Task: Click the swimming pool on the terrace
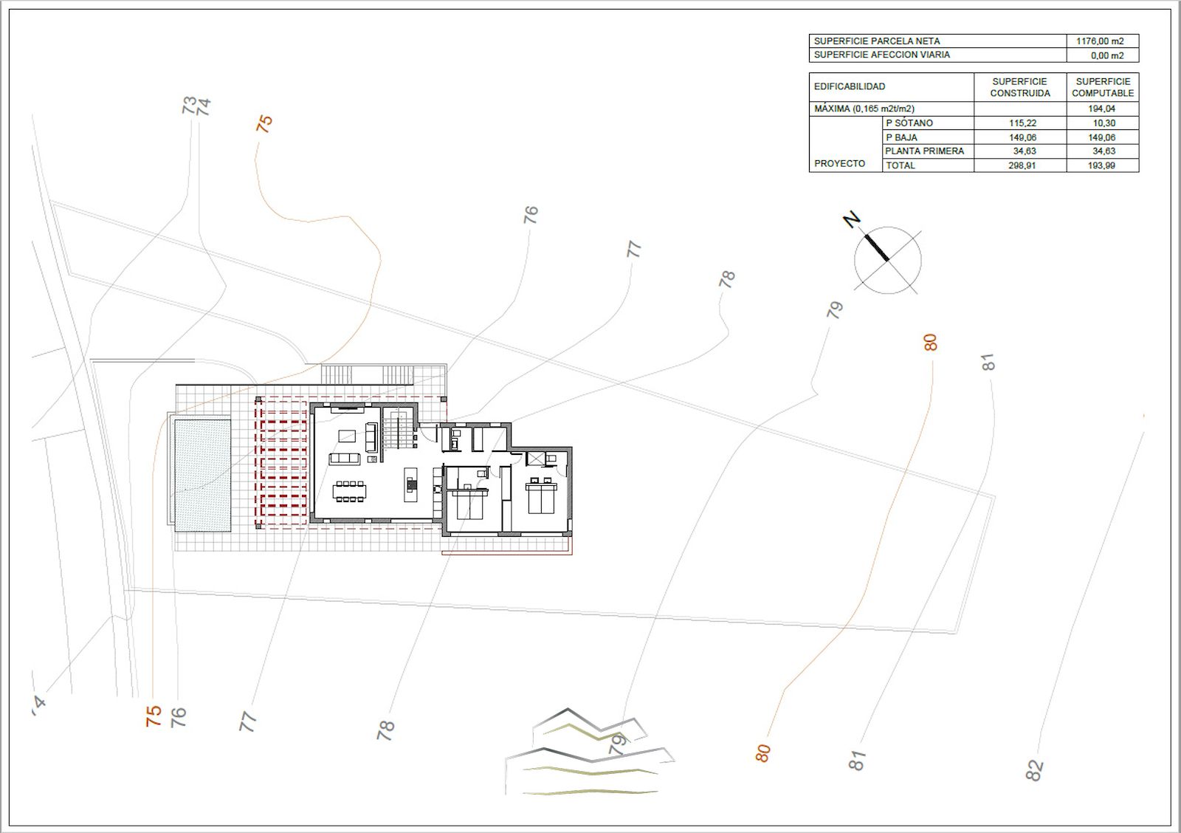(202, 476)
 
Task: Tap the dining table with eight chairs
(350, 491)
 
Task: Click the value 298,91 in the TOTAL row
(1022, 165)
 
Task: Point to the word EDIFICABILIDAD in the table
(850, 86)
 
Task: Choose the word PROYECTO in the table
(839, 163)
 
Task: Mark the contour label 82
(1034, 769)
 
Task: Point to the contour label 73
(189, 104)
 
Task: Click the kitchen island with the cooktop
(411, 484)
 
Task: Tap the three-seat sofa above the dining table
(345, 459)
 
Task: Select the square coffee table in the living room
(346, 435)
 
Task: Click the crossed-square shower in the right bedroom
(535, 458)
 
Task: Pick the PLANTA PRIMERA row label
(924, 151)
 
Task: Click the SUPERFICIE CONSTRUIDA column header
(1019, 88)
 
